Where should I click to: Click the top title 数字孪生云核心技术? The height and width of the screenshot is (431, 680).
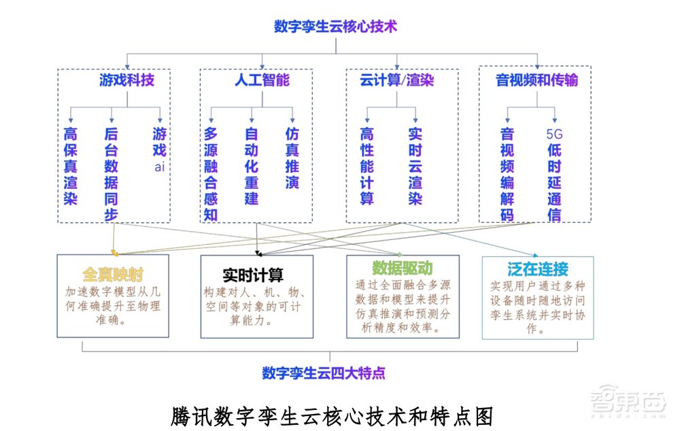pos(335,27)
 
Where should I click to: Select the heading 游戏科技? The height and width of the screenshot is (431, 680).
pos(126,80)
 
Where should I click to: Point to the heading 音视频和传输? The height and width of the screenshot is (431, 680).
pos(537,80)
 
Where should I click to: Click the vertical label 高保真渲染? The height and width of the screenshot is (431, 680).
pos(71,166)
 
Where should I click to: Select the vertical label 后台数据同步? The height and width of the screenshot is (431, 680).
pos(112,173)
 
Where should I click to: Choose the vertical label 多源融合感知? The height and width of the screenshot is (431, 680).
pos(211,173)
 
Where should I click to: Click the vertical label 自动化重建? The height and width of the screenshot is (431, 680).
pos(252,166)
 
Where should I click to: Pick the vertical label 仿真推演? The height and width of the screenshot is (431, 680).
pos(292,158)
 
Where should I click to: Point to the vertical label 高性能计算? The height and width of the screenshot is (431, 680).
pos(367,166)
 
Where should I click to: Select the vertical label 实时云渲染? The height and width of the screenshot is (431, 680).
pos(415,166)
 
